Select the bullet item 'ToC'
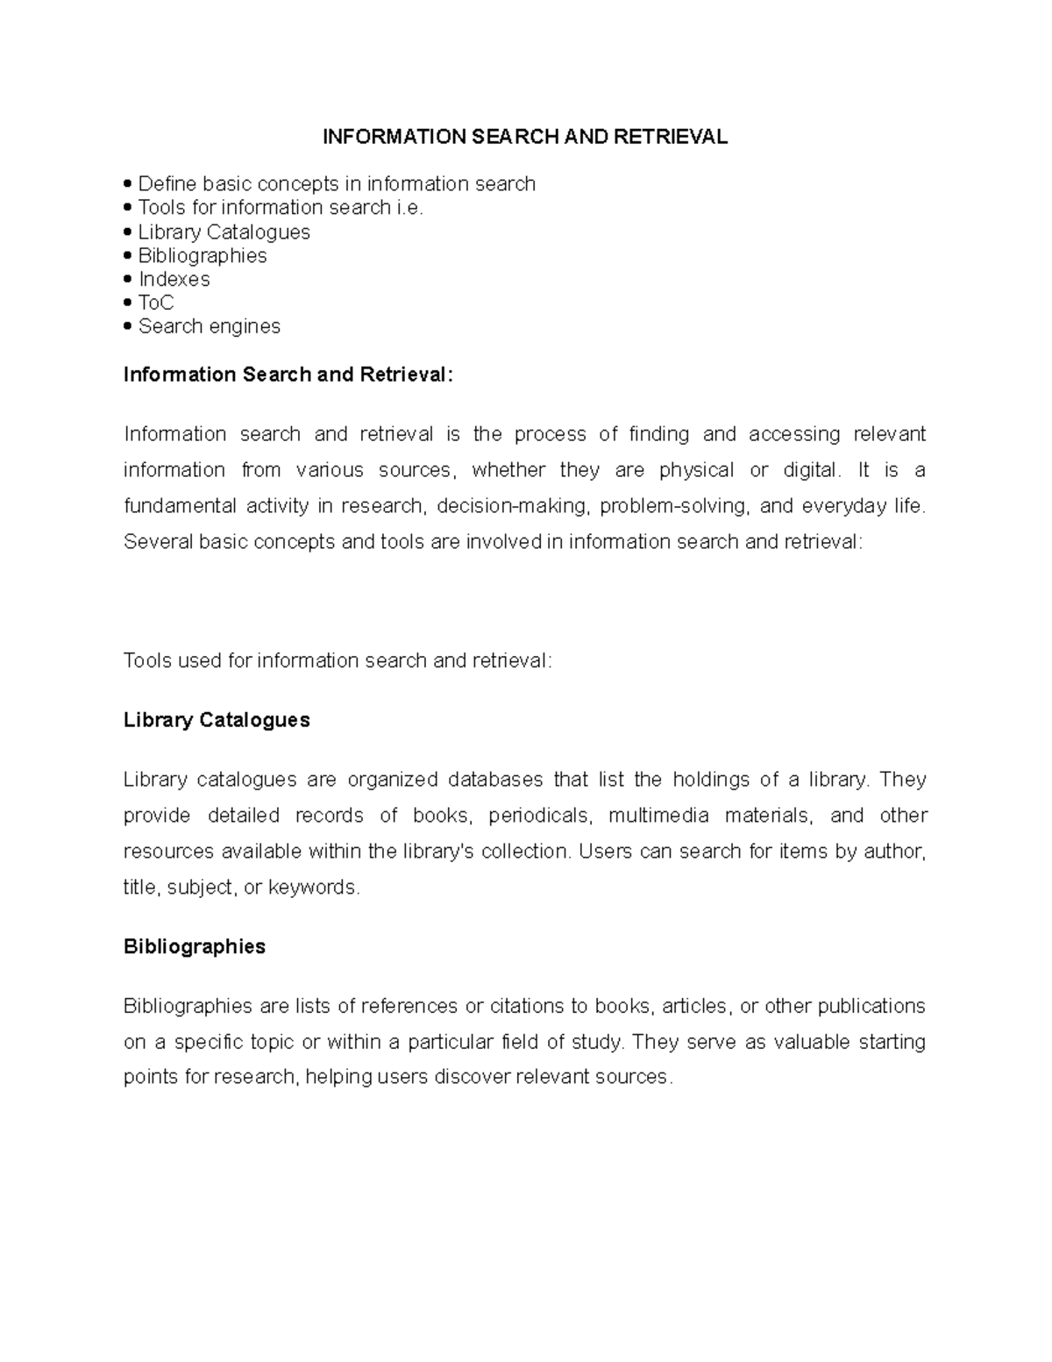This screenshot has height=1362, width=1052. click(156, 303)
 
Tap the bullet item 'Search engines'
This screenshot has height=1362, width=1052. click(209, 326)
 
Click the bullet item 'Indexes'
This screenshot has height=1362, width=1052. click(174, 279)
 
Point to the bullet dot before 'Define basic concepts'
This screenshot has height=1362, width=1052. click(129, 184)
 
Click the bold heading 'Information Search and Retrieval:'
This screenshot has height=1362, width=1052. click(289, 374)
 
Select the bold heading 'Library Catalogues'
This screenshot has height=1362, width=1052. click(217, 720)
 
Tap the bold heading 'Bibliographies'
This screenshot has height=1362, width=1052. click(195, 946)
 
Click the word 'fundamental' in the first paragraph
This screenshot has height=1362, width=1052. click(180, 506)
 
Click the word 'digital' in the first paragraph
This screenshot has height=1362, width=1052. click(810, 470)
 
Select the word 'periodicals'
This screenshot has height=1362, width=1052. click(540, 816)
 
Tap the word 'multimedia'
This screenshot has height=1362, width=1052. click(658, 816)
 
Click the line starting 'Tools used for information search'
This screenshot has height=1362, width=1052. click(338, 660)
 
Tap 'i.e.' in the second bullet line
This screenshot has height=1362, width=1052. click(409, 208)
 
